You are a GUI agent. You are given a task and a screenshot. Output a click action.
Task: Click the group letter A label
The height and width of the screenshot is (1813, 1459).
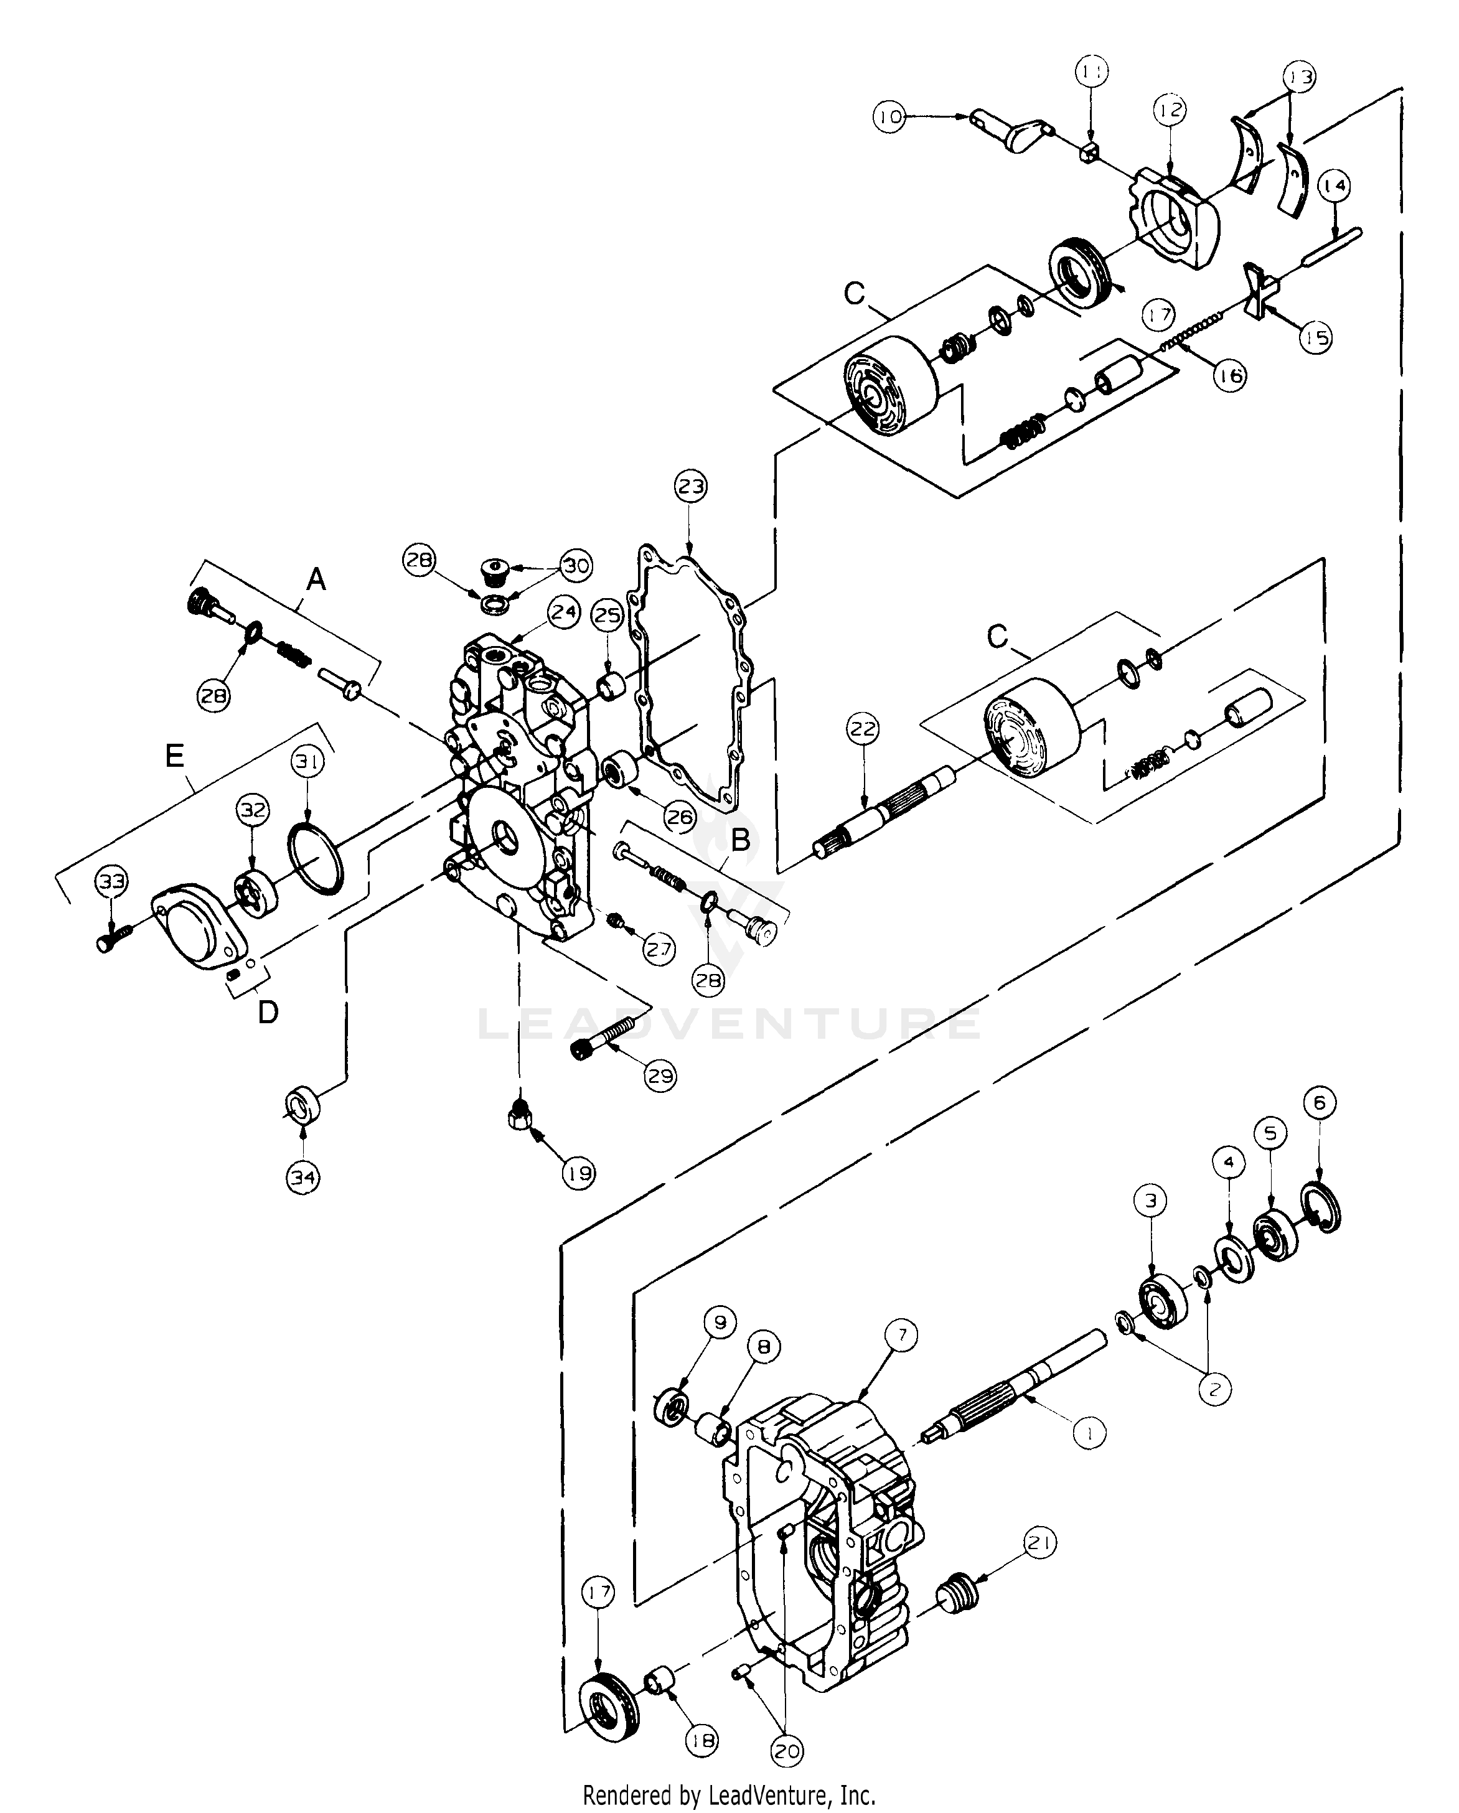316,579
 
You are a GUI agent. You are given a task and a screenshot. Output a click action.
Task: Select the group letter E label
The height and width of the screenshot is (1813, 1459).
174,757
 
